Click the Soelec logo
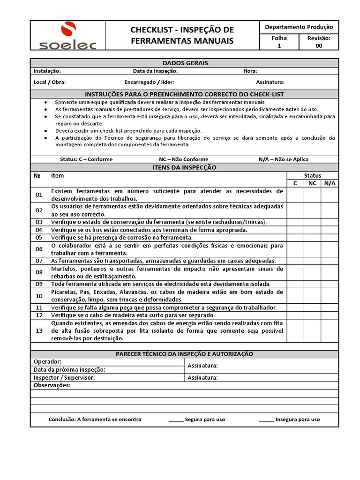point(67,36)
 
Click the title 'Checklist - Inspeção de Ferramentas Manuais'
point(182,36)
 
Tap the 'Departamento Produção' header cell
point(299,27)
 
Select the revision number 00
point(318,46)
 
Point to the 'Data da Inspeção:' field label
point(155,71)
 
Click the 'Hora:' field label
point(250,71)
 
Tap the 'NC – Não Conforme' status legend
point(183,159)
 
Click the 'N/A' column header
point(329,183)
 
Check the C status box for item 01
point(295,195)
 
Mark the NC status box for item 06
point(312,249)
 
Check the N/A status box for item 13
point(329,330)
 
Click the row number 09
point(39,284)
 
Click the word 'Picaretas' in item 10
point(64,292)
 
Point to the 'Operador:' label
point(48,362)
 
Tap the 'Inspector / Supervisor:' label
point(64,377)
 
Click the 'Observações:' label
point(52,385)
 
